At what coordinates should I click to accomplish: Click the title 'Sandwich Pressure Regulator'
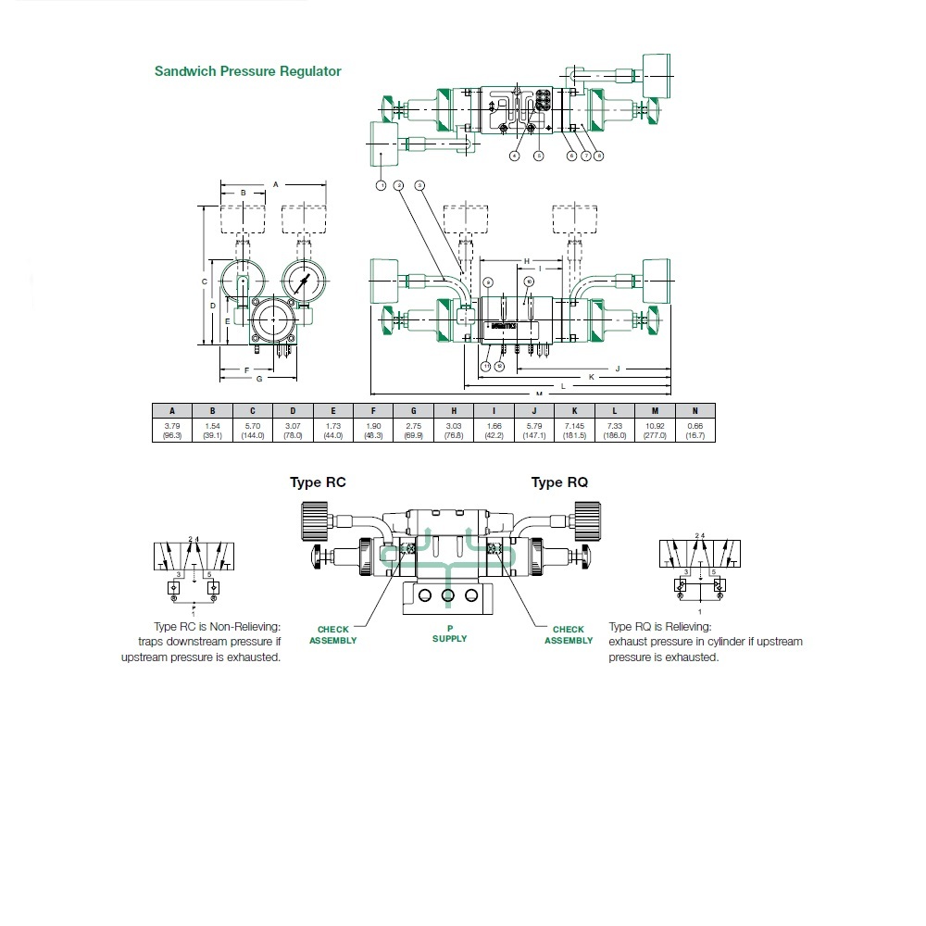click(247, 71)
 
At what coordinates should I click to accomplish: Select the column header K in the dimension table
click(574, 411)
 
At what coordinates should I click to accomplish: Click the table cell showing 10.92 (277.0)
click(655, 430)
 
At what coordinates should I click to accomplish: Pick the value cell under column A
click(172, 430)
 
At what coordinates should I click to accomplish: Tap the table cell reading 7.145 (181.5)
click(574, 430)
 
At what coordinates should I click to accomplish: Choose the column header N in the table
click(695, 411)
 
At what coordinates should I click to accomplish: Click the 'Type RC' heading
click(318, 482)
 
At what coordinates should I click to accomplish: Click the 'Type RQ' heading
click(559, 482)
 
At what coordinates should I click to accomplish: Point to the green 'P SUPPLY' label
click(450, 633)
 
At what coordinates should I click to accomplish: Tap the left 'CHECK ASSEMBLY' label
click(332, 634)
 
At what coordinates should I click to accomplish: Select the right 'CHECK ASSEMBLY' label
click(568, 634)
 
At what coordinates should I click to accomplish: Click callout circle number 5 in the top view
click(539, 156)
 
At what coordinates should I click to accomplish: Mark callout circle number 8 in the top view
click(599, 156)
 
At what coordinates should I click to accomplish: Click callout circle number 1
click(381, 185)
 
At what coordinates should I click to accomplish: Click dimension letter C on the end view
click(204, 281)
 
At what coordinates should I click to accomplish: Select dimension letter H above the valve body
click(526, 261)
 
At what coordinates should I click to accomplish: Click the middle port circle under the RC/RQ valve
click(448, 594)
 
